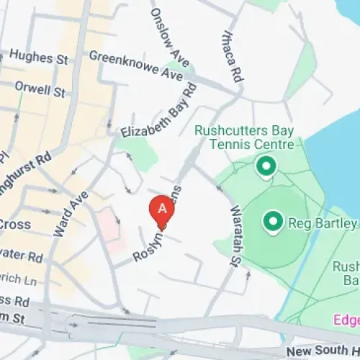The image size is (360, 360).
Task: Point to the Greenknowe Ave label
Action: coord(136,65)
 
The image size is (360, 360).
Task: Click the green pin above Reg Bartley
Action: coord(266,168)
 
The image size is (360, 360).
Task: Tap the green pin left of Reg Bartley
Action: coord(272,221)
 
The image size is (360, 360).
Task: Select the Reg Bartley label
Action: coord(323,224)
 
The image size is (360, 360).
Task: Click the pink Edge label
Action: coord(346,319)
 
